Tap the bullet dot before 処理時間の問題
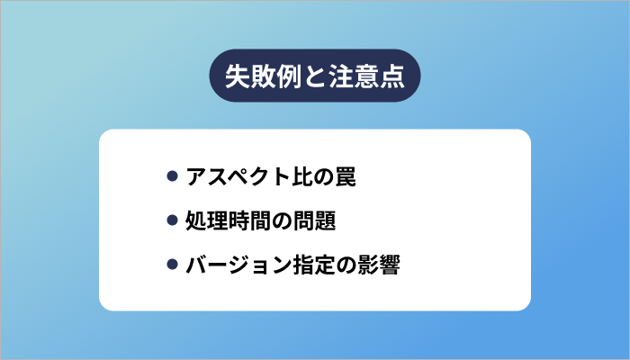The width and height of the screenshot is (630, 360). click(x=173, y=221)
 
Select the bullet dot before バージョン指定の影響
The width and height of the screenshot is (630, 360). click(x=173, y=265)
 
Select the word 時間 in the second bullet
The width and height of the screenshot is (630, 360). click(x=250, y=221)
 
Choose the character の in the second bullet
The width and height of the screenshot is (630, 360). click(x=283, y=221)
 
